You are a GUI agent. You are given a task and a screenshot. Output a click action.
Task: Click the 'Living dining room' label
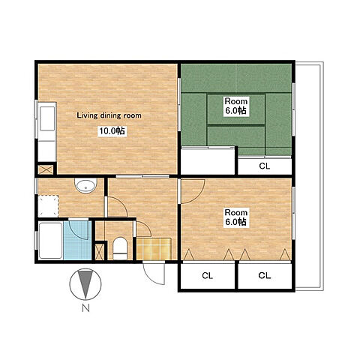click(109, 115)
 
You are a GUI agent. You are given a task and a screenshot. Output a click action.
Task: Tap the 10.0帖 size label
click(112, 130)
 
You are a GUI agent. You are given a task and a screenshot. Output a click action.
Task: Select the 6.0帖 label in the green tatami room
click(235, 110)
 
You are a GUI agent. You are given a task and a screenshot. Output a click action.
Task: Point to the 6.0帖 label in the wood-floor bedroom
click(235, 222)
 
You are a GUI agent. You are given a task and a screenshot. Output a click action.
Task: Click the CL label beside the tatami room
click(265, 166)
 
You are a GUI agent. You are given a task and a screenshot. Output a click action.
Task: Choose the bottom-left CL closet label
click(207, 276)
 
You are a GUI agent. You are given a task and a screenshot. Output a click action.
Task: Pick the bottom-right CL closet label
click(265, 275)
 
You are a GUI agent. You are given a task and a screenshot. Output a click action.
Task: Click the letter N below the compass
click(85, 309)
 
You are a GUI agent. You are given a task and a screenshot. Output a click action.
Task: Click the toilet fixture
click(120, 248)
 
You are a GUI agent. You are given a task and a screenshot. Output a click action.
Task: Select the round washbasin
click(85, 186)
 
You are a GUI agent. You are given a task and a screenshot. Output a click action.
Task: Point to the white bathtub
click(51, 241)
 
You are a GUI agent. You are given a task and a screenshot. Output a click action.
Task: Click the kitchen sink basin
click(47, 118)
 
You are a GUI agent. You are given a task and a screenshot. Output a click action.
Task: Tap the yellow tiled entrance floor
click(154, 249)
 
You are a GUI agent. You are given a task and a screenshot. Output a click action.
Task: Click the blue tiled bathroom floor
click(77, 241)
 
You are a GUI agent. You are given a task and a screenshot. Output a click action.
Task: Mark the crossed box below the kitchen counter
click(46, 170)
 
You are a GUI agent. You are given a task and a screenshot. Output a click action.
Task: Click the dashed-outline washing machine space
click(48, 206)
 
